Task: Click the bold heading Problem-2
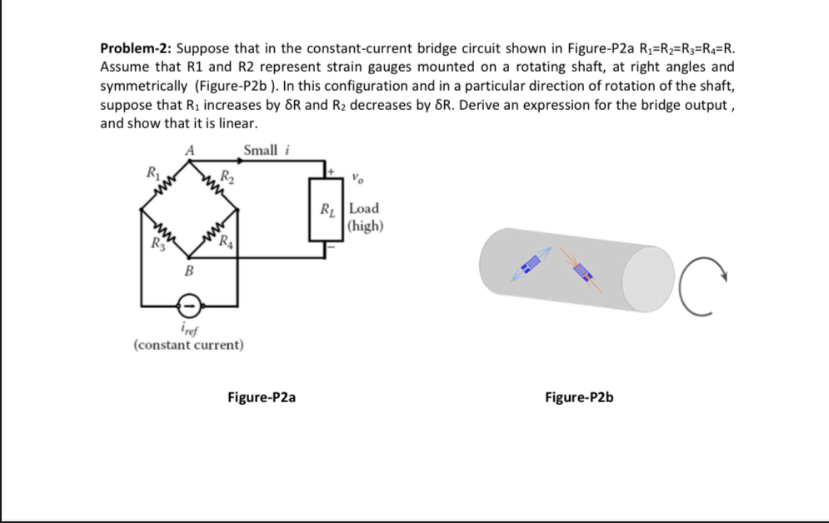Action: click(x=136, y=47)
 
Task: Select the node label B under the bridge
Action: click(x=188, y=271)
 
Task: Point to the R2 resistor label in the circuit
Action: click(x=227, y=176)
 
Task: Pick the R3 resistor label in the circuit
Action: click(x=152, y=245)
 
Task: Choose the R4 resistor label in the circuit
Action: click(x=224, y=244)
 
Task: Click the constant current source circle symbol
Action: click(x=189, y=305)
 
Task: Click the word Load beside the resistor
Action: click(x=364, y=208)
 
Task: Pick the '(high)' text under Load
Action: click(x=365, y=225)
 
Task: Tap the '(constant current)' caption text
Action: click(x=188, y=344)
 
